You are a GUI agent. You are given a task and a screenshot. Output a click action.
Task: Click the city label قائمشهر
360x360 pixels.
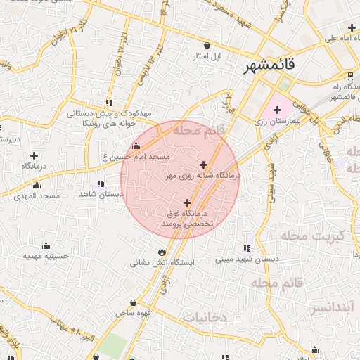[x=271, y=66]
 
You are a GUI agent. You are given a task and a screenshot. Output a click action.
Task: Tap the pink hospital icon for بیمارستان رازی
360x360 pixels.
[x=277, y=110]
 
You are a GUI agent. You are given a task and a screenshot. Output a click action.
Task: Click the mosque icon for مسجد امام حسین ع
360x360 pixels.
[x=136, y=146]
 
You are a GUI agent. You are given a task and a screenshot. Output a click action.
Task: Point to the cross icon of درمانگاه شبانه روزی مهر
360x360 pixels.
[x=203, y=165]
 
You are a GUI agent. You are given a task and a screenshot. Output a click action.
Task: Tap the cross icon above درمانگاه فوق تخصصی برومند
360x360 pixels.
[x=187, y=202]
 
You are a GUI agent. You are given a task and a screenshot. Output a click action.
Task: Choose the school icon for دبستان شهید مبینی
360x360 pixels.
[x=247, y=247]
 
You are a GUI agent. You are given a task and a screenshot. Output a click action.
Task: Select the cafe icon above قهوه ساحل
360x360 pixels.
[x=123, y=302]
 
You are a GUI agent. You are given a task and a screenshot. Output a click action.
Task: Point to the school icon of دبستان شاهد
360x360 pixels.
[x=108, y=183]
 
